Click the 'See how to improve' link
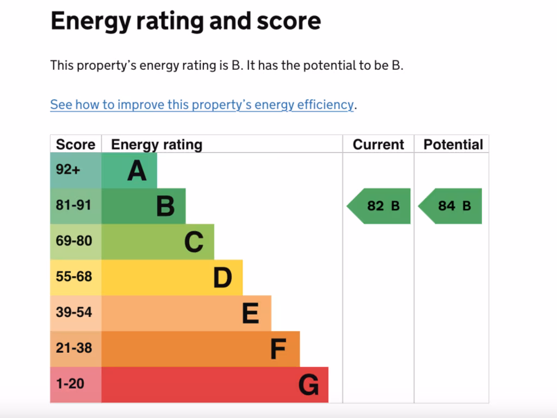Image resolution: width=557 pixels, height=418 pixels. click(x=202, y=104)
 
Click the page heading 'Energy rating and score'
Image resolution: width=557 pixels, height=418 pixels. click(x=185, y=21)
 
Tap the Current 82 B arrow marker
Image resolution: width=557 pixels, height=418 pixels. click(x=380, y=206)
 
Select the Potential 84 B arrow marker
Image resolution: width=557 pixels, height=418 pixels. click(x=451, y=206)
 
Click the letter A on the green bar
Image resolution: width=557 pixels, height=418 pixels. click(x=137, y=171)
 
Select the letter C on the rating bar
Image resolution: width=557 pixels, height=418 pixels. click(x=194, y=242)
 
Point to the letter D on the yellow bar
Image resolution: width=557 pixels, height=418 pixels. click(x=222, y=278)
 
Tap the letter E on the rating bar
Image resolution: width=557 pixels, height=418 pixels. click(x=250, y=313)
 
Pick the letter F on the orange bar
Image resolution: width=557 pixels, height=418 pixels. click(x=278, y=349)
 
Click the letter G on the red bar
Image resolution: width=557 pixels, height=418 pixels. click(x=308, y=385)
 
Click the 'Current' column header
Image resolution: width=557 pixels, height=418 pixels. click(x=378, y=145)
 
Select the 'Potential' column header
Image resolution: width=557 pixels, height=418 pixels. click(x=453, y=145)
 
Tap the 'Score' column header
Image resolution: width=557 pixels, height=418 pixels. click(x=76, y=145)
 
